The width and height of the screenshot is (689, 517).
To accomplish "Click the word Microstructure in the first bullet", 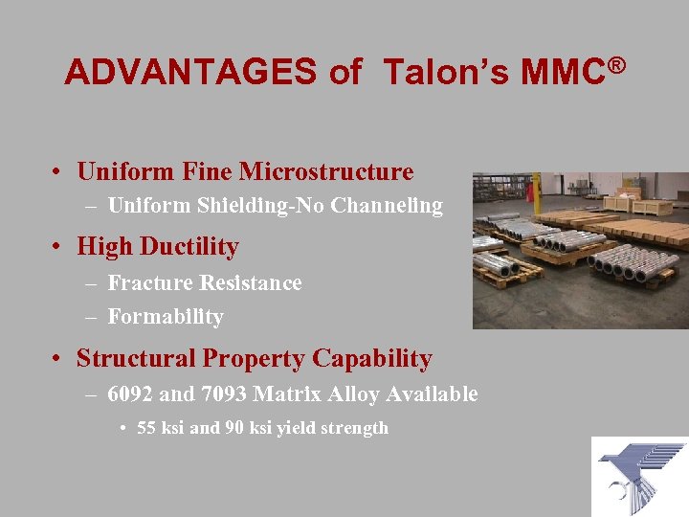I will coord(325,172).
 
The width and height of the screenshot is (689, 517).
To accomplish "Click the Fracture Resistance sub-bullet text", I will coord(204,283).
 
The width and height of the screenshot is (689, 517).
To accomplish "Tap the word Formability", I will coord(166,317).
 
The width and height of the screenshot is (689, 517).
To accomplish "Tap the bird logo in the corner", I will coord(639,476).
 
